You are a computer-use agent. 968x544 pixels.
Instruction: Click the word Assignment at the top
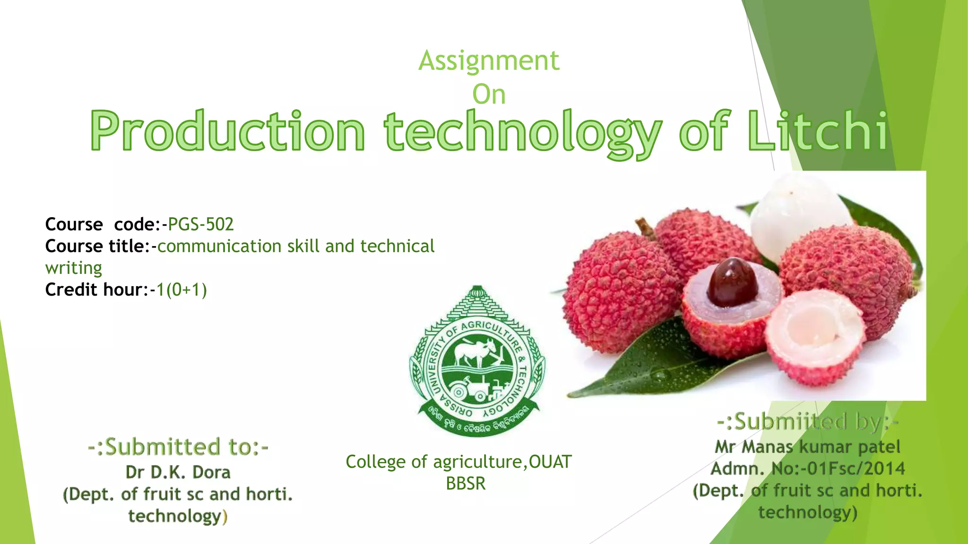tap(489, 61)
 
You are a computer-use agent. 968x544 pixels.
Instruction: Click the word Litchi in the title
tap(818, 131)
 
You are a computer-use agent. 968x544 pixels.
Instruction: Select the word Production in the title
tap(227, 131)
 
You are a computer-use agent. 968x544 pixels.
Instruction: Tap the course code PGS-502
tap(200, 224)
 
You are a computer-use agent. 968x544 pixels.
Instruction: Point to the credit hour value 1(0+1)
tap(181, 289)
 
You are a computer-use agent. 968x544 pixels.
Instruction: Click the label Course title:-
tap(101, 246)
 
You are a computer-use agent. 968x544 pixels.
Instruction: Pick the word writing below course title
tap(74, 268)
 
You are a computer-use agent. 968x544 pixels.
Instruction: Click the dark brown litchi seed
tap(732, 282)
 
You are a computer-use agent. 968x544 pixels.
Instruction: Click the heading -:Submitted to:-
tap(178, 447)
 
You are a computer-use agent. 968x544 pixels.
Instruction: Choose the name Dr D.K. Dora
tap(178, 472)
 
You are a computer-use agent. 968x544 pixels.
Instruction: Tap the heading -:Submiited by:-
tap(807, 421)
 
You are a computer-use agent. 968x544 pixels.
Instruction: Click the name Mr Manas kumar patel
tap(807, 447)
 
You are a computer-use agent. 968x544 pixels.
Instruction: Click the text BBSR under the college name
tap(466, 484)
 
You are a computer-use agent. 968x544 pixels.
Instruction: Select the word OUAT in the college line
tap(550, 462)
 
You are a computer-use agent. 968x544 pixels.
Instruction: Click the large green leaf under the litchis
tap(662, 364)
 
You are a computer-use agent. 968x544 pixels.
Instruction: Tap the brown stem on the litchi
tap(645, 227)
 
